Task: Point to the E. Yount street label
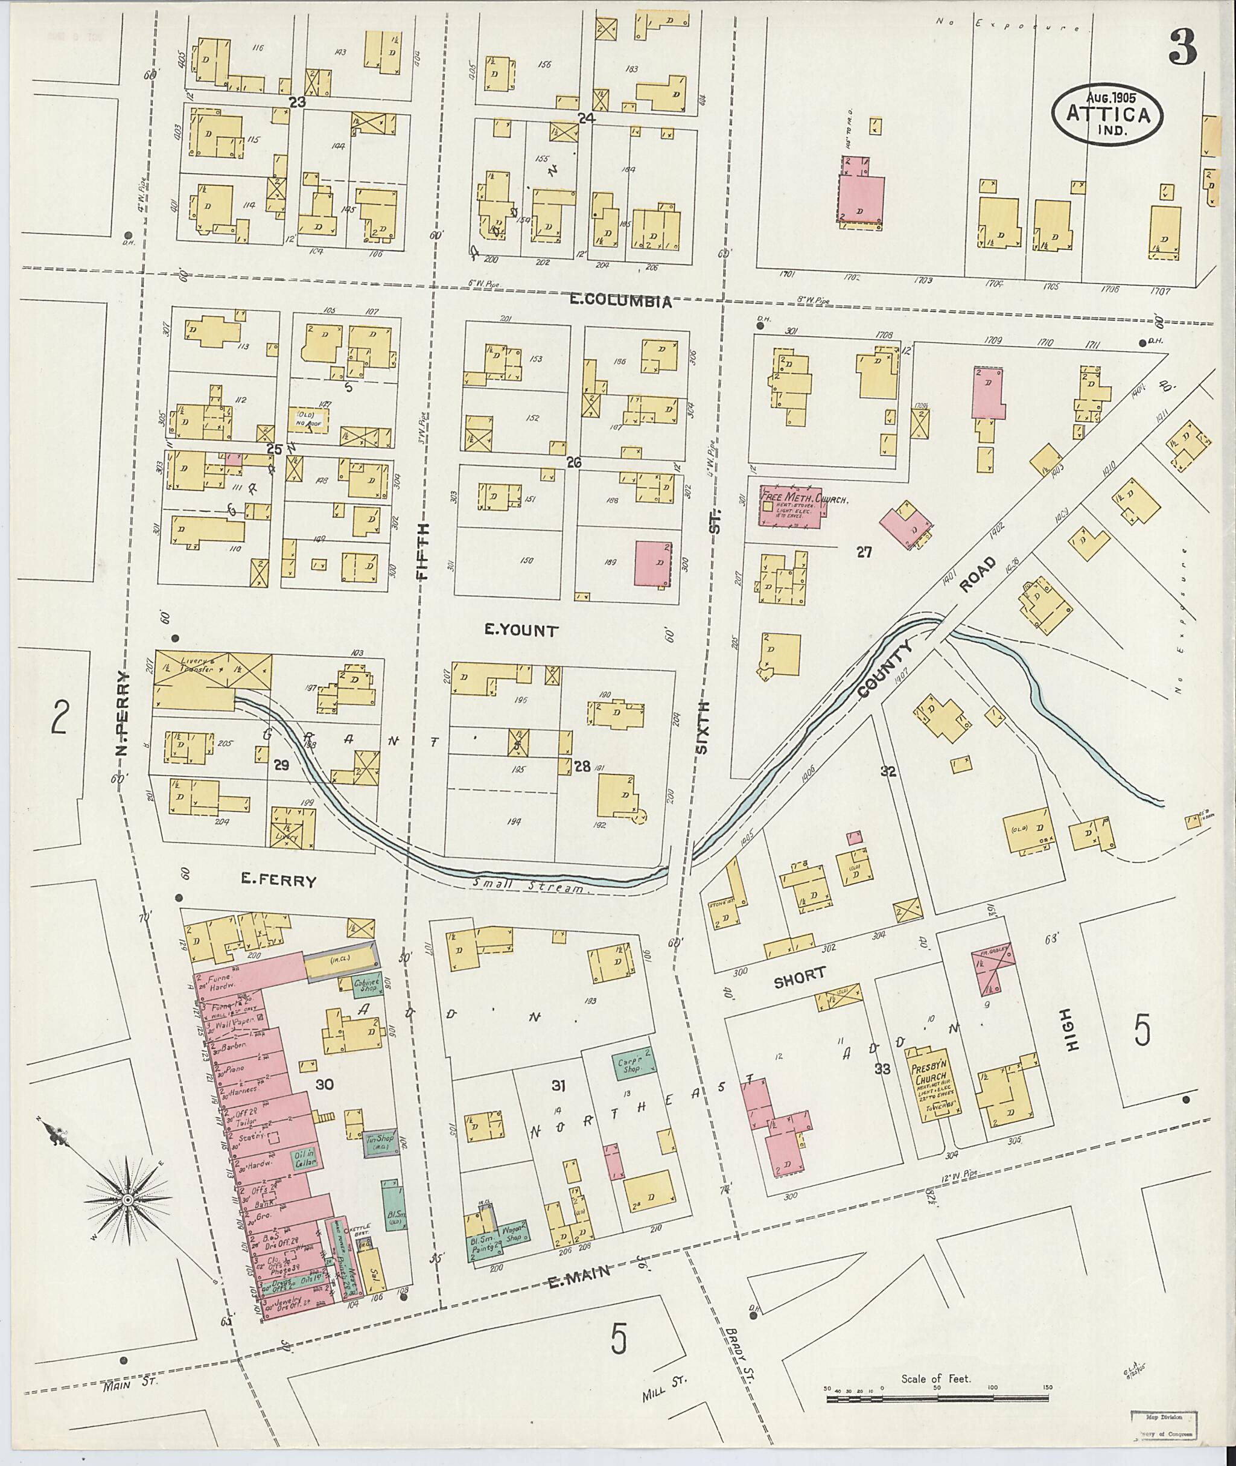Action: [x=521, y=631]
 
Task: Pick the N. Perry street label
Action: [x=123, y=715]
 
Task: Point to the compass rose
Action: [x=128, y=1200]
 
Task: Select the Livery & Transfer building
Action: [x=212, y=671]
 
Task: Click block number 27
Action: [x=864, y=552]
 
